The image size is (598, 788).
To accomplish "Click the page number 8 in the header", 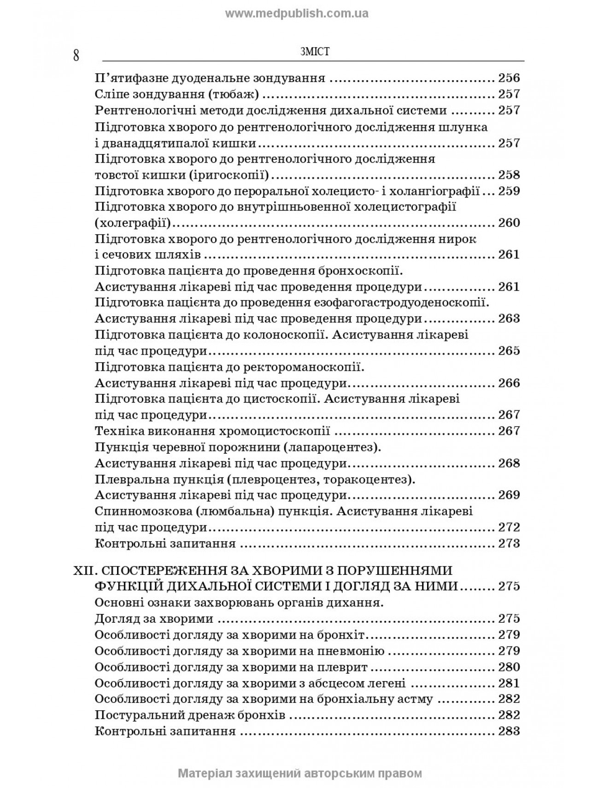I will pyautogui.click(x=76, y=56).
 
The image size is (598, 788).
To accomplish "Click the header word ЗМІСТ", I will pyautogui.click(x=314, y=52).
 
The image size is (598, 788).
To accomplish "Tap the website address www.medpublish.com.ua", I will pyautogui.click(x=297, y=13).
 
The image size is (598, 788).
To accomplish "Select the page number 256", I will pyautogui.click(x=509, y=78).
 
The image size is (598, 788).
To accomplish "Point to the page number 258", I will pyautogui.click(x=509, y=175).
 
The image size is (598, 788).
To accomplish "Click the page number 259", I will pyautogui.click(x=509, y=191).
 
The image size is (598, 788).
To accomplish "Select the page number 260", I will pyautogui.click(x=509, y=223).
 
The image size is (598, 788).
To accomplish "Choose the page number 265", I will pyautogui.click(x=509, y=351).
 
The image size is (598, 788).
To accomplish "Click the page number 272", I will pyautogui.click(x=509, y=527).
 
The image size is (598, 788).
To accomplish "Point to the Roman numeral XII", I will pyautogui.click(x=83, y=570).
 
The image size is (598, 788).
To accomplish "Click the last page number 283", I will pyautogui.click(x=509, y=731).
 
